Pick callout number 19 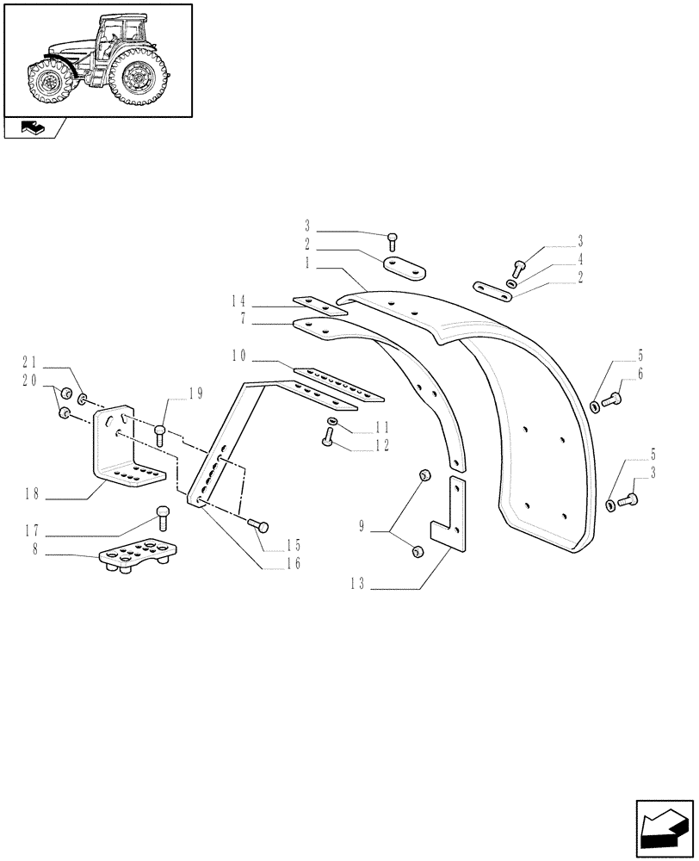[x=195, y=394]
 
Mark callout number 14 [x=238, y=301]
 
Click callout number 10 [x=238, y=356]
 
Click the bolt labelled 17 [x=162, y=517]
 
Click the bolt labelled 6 [x=613, y=399]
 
